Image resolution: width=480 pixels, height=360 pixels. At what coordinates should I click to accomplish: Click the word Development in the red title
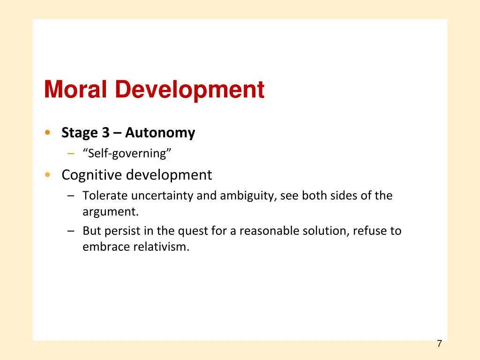click(190, 90)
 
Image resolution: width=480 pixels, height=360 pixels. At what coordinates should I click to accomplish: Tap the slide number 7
click(439, 344)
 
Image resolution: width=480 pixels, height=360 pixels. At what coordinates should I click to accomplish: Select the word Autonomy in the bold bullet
click(160, 133)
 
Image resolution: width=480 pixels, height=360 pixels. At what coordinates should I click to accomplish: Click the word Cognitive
click(92, 175)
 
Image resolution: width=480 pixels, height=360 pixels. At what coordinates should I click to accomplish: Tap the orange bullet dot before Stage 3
click(47, 133)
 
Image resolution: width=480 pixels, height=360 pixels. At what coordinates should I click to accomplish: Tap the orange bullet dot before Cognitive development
click(47, 175)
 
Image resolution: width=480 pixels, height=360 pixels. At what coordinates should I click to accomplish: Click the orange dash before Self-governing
click(70, 154)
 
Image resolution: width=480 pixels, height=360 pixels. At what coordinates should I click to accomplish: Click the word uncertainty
click(162, 195)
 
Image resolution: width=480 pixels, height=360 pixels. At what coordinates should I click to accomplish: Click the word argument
click(110, 212)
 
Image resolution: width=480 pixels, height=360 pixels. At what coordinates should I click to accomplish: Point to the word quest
click(191, 231)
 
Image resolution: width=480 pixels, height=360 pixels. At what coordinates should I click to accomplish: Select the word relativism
click(161, 247)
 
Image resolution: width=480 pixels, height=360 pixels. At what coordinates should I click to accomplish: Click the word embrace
click(106, 247)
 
